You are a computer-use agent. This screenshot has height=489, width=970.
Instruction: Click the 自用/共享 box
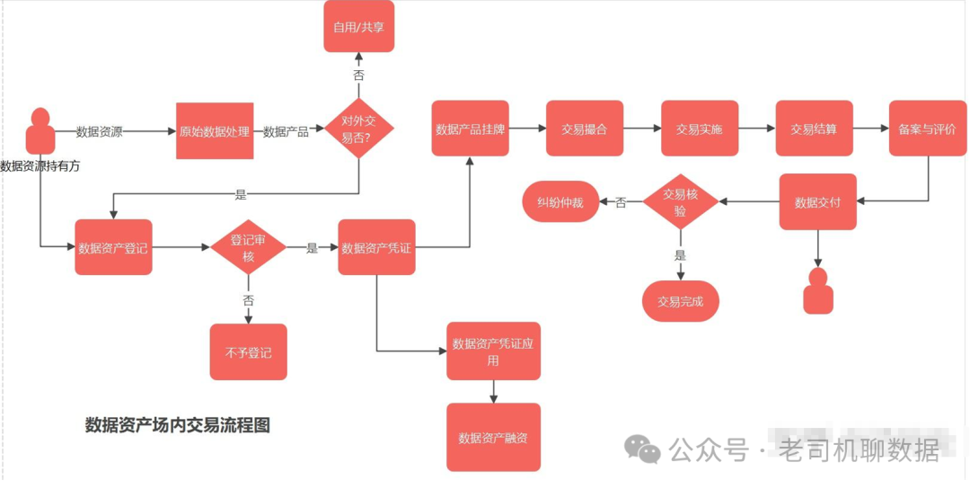(x=358, y=26)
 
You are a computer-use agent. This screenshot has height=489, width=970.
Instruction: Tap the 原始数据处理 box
(x=214, y=131)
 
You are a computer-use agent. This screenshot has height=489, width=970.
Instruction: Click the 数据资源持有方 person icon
(x=40, y=131)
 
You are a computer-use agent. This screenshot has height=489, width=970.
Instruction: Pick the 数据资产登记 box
(x=113, y=247)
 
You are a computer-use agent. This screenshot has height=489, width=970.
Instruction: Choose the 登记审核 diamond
(x=248, y=247)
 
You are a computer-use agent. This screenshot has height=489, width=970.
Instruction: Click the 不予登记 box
(x=248, y=351)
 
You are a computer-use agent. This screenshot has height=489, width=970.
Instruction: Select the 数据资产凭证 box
(x=376, y=247)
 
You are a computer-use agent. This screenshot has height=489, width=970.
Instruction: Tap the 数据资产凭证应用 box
(x=493, y=351)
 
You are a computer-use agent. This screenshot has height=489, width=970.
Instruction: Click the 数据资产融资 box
(x=493, y=438)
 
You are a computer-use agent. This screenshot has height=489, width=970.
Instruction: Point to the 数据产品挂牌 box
(x=470, y=129)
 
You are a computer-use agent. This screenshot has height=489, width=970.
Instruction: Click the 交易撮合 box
(x=585, y=129)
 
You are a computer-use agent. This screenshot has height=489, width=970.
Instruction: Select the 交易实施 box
(x=700, y=129)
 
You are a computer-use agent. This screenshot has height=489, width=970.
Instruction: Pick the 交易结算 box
(x=814, y=129)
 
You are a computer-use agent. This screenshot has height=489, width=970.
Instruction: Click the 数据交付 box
(x=818, y=202)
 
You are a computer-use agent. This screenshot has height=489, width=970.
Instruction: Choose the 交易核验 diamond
(x=680, y=202)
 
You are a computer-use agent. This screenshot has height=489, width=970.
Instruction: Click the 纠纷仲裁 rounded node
(x=560, y=202)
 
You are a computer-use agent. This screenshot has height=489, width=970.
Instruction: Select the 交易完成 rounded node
(x=681, y=301)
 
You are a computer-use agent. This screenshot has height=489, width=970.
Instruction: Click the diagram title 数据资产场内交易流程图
(x=177, y=425)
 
